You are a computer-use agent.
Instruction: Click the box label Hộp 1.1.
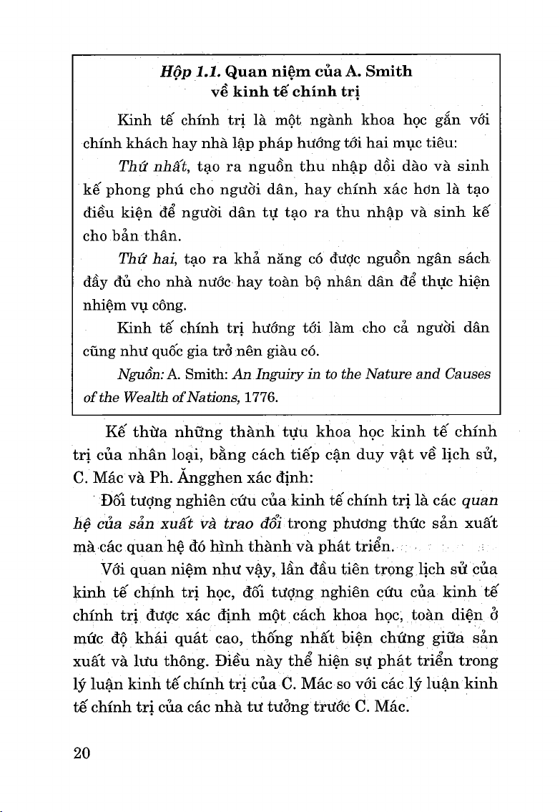pyautogui.click(x=191, y=72)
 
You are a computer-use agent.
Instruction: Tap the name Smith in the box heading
pyautogui.click(x=389, y=72)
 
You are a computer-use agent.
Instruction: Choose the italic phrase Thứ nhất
pyautogui.click(x=143, y=167)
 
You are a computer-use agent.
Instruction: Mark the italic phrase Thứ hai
pyautogui.click(x=138, y=258)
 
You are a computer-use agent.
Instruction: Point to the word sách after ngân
pyautogui.click(x=474, y=258)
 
